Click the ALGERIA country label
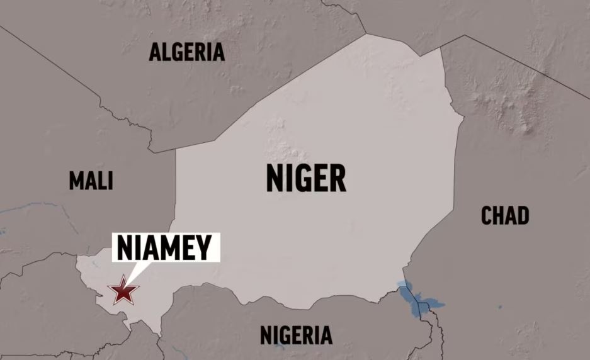tap(187, 52)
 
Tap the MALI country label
tap(91, 181)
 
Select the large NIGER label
tap(306, 178)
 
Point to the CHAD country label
tap(505, 216)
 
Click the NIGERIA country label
tap(296, 335)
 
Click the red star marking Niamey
tap(123, 291)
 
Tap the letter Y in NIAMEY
tap(203, 247)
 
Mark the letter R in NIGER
tap(338, 178)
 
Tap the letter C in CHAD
tap(487, 216)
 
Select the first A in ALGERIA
tap(155, 52)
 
